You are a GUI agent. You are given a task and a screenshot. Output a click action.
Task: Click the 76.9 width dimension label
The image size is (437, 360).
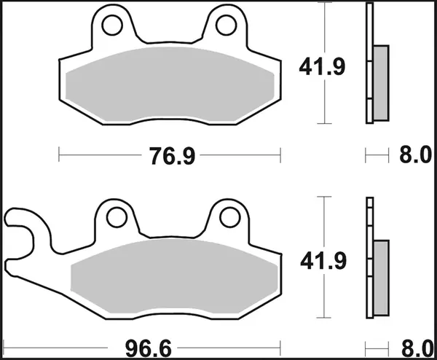click(168, 155)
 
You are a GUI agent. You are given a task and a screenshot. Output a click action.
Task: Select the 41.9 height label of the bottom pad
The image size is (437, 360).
click(321, 259)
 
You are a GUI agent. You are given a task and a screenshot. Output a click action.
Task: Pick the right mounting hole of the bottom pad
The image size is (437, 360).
click(229, 216)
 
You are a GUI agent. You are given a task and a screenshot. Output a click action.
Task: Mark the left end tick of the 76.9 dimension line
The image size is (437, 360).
click(59, 154)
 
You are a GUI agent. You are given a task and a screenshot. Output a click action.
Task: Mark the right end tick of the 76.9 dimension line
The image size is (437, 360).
click(280, 154)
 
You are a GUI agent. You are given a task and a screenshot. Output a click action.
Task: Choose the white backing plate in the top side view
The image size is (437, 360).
click(369, 29)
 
